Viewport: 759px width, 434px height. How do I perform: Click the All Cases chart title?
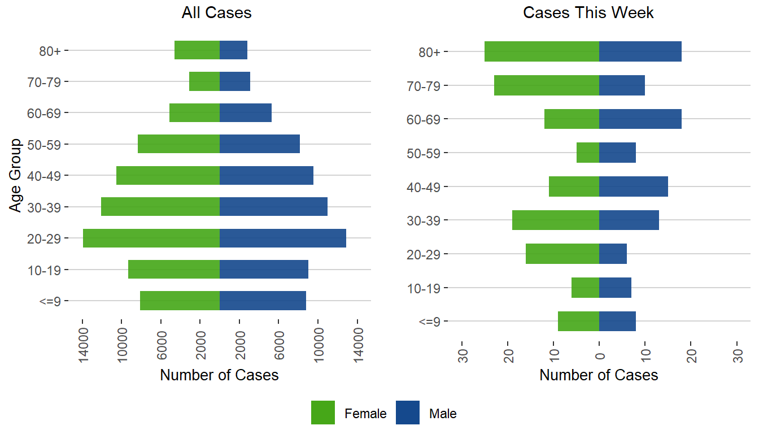[x=216, y=13]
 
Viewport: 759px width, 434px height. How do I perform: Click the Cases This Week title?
[x=588, y=13]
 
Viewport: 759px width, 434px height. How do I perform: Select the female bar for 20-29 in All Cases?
[x=151, y=238]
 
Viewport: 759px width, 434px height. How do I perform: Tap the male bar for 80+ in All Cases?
[x=233, y=50]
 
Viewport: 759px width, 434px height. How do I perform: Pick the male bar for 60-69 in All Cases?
[x=246, y=113]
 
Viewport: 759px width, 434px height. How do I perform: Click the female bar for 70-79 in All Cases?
[x=204, y=81]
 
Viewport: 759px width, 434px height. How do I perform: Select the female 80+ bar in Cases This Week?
[x=542, y=51]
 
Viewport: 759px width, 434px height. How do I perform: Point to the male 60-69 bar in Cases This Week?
[x=640, y=119]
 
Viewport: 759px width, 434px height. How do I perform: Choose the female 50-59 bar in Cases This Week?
[x=588, y=153]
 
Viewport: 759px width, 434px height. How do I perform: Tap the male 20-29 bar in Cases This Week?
[x=613, y=254]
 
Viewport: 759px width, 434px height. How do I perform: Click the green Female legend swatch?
[x=323, y=413]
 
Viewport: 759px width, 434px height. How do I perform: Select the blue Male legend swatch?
[x=408, y=413]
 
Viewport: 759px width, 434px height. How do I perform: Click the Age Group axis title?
[x=16, y=175]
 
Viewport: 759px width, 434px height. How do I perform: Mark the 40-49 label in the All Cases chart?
[x=48, y=176]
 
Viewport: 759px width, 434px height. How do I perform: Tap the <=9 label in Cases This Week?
[x=433, y=322]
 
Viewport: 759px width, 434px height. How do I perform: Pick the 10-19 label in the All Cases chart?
[x=48, y=270]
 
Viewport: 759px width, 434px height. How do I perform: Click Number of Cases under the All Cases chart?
[x=219, y=375]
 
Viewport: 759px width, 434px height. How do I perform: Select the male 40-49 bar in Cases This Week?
[x=634, y=186]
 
